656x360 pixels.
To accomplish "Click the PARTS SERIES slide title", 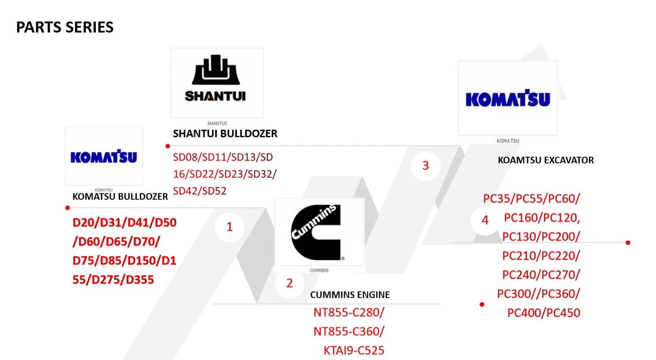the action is (65, 27).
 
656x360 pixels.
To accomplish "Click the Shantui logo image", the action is (217, 82).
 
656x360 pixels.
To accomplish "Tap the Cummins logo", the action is (319, 232).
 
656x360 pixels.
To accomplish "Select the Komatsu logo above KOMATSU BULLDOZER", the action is (104, 156).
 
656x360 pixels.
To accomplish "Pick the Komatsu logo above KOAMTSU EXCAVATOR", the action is (508, 98).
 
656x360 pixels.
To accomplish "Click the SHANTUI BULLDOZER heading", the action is (225, 134).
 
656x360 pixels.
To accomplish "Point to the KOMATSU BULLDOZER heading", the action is (120, 197).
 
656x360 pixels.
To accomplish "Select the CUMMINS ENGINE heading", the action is (350, 295).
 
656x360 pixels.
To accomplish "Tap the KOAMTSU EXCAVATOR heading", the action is (546, 160).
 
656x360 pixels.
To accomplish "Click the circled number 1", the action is (229, 227).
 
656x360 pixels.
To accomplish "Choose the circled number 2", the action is (289, 283).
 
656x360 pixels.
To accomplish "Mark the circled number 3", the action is (425, 165).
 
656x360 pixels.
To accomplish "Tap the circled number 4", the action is (485, 220).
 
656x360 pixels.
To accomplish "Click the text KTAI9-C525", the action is (354, 350).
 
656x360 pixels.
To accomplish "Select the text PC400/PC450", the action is (544, 313).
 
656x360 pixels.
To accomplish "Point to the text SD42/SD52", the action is (199, 191).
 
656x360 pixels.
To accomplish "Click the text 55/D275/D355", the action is (113, 280).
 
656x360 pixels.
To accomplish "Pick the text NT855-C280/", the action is (349, 312).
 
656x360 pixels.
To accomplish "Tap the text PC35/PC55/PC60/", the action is (531, 199).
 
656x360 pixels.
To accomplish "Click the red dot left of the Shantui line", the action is (168, 146).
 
